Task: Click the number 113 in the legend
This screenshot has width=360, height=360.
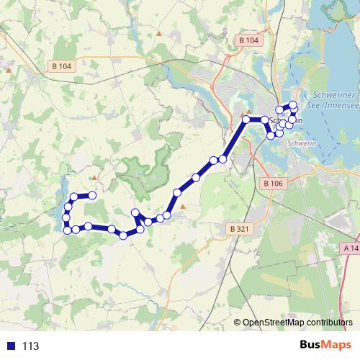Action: (x=30, y=346)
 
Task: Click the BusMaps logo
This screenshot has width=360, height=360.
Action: (x=326, y=346)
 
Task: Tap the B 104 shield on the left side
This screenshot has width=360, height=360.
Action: (x=63, y=66)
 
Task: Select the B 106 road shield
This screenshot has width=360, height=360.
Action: (x=272, y=184)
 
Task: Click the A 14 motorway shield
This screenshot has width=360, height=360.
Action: (x=350, y=248)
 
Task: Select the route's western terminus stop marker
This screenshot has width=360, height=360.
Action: (x=93, y=195)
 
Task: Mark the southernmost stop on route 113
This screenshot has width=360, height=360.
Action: (x=124, y=235)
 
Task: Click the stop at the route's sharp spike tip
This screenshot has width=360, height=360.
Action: (x=135, y=212)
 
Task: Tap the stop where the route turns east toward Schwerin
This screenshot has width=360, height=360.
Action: (x=246, y=119)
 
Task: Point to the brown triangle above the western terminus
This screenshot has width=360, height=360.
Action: (x=94, y=176)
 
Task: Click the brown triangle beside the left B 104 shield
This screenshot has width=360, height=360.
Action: (x=9, y=71)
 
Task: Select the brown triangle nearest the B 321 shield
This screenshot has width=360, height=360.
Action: (x=183, y=207)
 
